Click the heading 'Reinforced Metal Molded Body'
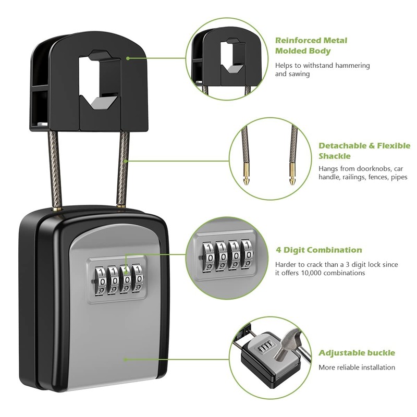(x=311, y=45)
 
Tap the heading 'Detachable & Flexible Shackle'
(x=364, y=151)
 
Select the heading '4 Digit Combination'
(x=318, y=250)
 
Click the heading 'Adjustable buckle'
(x=357, y=353)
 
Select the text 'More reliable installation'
(x=357, y=367)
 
